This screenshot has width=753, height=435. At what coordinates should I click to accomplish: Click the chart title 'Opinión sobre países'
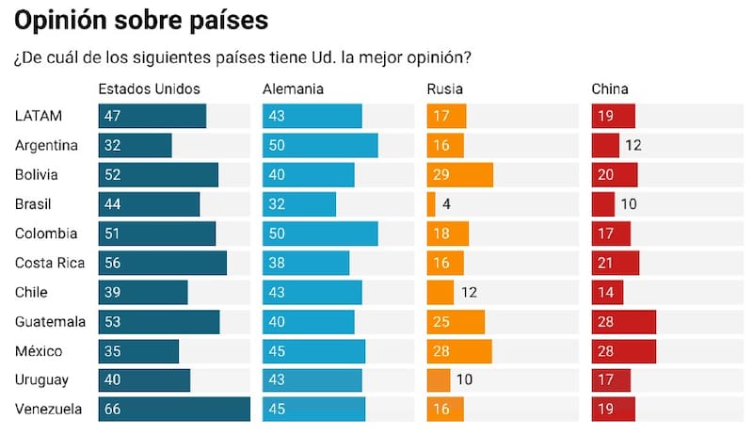(x=140, y=21)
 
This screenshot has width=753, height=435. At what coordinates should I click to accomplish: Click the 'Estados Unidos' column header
(x=149, y=89)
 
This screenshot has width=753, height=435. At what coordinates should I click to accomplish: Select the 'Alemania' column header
(x=293, y=89)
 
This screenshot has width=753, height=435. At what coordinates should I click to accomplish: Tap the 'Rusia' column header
(x=444, y=89)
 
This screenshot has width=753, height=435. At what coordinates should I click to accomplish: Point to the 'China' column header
(x=610, y=89)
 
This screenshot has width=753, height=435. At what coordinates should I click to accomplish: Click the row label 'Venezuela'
(x=48, y=410)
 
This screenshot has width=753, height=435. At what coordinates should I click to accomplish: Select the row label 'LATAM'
(x=39, y=116)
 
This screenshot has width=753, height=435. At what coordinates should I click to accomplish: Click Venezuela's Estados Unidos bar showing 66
(x=174, y=410)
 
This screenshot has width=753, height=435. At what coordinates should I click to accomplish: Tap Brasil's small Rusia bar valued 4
(x=431, y=204)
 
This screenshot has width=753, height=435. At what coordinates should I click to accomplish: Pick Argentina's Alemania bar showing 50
(x=320, y=146)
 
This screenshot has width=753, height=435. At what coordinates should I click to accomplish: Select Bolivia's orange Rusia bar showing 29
(x=460, y=175)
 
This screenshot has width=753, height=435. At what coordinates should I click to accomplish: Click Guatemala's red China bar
(x=623, y=322)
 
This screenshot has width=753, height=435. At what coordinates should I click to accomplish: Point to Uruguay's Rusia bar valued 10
(x=438, y=380)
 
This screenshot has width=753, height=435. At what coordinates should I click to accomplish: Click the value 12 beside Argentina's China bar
(x=633, y=146)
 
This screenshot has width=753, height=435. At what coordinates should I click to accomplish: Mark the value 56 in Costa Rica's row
(x=112, y=263)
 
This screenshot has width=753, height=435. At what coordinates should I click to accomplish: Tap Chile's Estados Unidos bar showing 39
(x=143, y=293)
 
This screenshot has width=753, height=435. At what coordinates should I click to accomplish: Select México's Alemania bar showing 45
(x=313, y=351)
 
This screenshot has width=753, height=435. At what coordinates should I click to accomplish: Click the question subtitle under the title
(x=243, y=56)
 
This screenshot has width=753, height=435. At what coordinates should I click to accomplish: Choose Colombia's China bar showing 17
(x=612, y=234)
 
